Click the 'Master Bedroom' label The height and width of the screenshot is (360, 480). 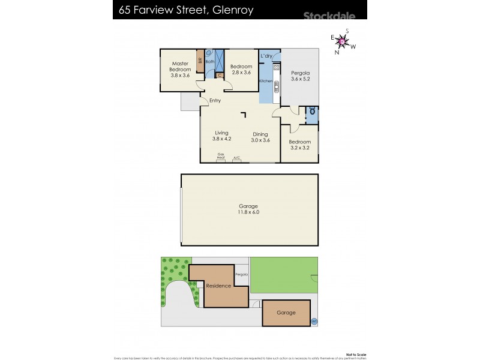tap(181, 67)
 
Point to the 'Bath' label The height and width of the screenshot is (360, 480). tap(210, 61)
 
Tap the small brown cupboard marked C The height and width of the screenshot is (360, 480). tap(220, 75)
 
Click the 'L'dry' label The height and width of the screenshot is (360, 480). tap(267, 56)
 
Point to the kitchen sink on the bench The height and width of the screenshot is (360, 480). tap(275, 86)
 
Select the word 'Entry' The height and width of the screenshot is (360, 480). tap(215, 100)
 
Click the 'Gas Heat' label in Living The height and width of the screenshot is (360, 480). tap(221, 156)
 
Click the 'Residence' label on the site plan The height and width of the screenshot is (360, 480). tap(218, 286)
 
